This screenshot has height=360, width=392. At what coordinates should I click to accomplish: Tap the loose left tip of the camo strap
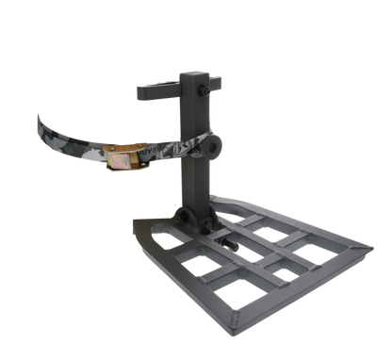pyautogui.click(x=40, y=120)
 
